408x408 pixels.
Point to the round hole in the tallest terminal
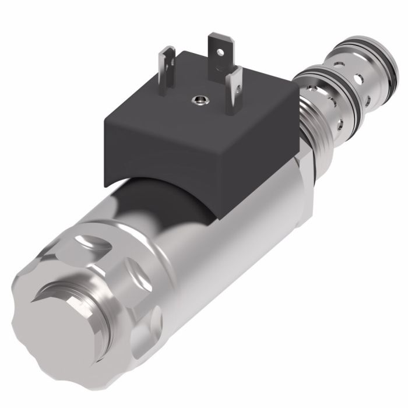coord(220,52)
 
